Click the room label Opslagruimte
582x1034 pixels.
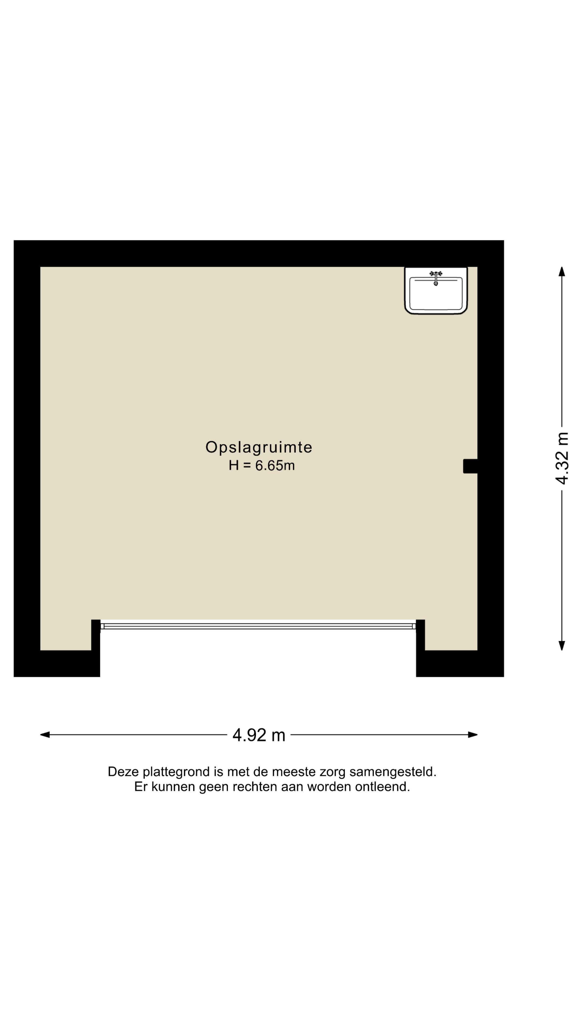tap(259, 447)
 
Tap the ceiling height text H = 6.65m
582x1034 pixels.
tap(261, 465)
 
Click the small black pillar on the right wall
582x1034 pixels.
tap(470, 466)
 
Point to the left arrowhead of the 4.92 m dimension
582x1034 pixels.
tap(44, 735)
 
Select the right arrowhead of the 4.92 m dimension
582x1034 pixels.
tap(473, 735)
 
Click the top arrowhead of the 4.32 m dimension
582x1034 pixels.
tap(562, 271)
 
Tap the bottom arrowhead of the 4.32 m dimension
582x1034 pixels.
tap(562, 645)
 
